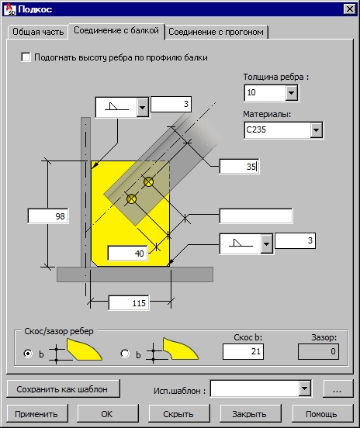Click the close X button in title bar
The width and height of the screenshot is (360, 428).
click(x=350, y=9)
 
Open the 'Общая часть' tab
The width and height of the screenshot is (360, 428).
click(x=38, y=32)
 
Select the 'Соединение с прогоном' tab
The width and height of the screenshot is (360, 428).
click(x=216, y=32)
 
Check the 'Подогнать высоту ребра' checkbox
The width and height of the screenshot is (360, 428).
click(x=26, y=57)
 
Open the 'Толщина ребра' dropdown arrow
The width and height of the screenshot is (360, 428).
click(x=291, y=93)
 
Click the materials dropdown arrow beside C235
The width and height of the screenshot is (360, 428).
click(x=316, y=130)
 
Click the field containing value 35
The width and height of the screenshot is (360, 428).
click(x=239, y=166)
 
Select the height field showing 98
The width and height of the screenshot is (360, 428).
click(x=48, y=216)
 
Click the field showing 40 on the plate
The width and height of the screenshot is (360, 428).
click(x=127, y=254)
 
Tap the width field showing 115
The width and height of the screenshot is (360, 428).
click(x=129, y=303)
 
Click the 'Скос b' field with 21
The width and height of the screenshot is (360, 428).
click(x=243, y=351)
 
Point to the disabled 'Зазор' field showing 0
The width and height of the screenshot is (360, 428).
click(x=318, y=351)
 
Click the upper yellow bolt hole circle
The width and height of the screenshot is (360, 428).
click(x=149, y=181)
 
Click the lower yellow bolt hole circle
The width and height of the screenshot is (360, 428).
click(x=132, y=199)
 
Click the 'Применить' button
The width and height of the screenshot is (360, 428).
click(x=37, y=414)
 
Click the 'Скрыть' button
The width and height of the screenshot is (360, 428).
click(x=179, y=414)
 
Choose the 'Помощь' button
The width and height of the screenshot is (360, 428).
click(x=322, y=414)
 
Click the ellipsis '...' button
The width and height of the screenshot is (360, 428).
click(x=337, y=388)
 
